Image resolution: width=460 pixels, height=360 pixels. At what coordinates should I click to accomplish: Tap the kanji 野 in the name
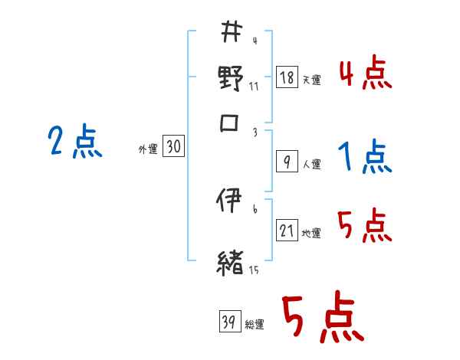pyautogui.click(x=231, y=78)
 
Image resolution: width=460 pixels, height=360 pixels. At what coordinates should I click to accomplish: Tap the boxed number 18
pyautogui.click(x=285, y=78)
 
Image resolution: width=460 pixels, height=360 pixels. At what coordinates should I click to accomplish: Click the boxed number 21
pyautogui.click(x=286, y=231)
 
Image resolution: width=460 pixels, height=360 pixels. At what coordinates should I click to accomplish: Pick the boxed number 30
pyautogui.click(x=173, y=148)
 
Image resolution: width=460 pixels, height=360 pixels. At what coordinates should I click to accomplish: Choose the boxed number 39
pyautogui.click(x=228, y=322)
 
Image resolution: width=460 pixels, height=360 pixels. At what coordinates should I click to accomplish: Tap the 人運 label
pyautogui.click(x=311, y=164)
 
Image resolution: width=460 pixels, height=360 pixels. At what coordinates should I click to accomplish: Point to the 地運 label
pyautogui.click(x=311, y=233)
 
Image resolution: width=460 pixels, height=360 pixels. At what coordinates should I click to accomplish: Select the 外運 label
pyautogui.click(x=147, y=149)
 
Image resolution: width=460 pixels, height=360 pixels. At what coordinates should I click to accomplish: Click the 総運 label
pyautogui.click(x=254, y=324)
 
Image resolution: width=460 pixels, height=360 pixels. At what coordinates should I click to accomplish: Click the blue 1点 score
pyautogui.click(x=364, y=158)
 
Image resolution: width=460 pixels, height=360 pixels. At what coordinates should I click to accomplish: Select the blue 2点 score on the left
pyautogui.click(x=74, y=142)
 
